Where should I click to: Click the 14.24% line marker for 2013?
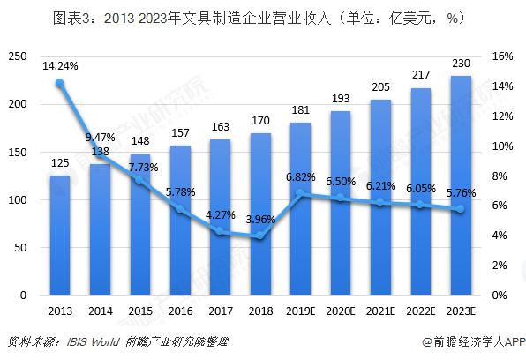pyautogui.click(x=60, y=84)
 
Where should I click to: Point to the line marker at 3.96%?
pyautogui.click(x=262, y=236)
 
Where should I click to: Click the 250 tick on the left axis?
pyautogui.click(x=16, y=56)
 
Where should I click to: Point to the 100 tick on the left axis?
pyautogui.click(x=16, y=199)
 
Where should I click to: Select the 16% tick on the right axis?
pyautogui.click(x=502, y=56)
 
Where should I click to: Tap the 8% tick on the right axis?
pyautogui.click(x=500, y=176)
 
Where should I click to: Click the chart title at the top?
pyautogui.click(x=262, y=16)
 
